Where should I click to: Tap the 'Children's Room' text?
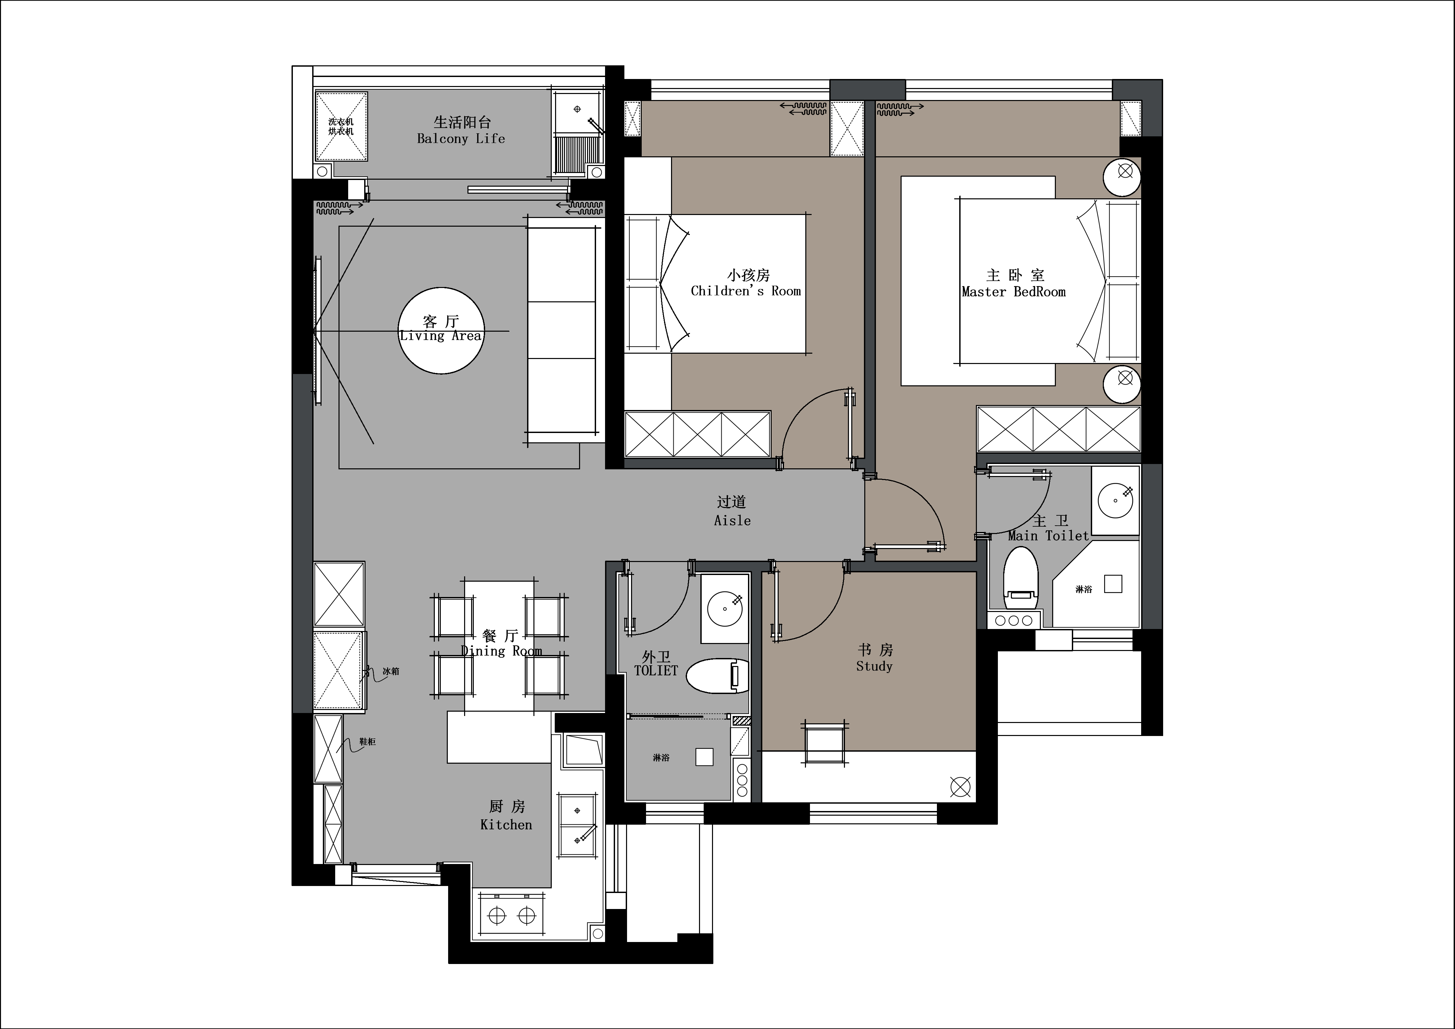point(746,291)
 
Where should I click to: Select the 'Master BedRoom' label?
point(1013,292)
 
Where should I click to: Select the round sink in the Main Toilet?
point(1115,500)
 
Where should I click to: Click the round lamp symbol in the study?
point(961,787)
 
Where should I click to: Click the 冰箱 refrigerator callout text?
point(391,671)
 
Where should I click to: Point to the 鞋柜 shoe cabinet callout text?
point(367,741)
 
